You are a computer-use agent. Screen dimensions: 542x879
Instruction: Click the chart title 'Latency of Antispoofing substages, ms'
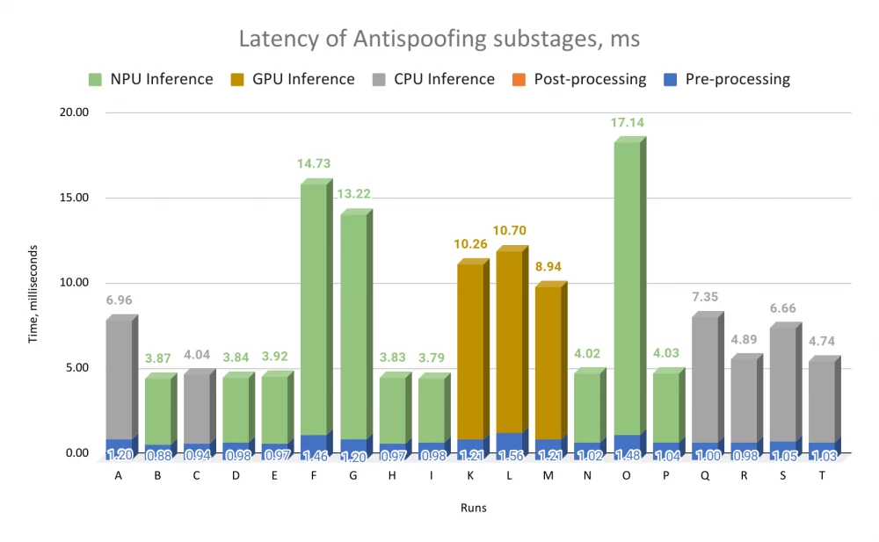pyautogui.click(x=439, y=40)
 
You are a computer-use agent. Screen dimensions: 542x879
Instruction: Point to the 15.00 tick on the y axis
pyautogui.click(x=71, y=198)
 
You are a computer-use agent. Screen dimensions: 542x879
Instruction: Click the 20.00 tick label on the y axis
pyautogui.click(x=71, y=112)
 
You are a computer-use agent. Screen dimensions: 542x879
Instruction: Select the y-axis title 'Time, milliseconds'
pyautogui.click(x=34, y=283)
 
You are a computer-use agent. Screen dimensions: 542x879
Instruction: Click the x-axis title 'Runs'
pyautogui.click(x=474, y=508)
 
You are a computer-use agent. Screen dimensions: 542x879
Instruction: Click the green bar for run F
pyautogui.click(x=314, y=307)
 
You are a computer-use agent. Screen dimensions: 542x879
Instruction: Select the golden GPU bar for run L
pyautogui.click(x=509, y=343)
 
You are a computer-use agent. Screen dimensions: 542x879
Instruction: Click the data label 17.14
pyautogui.click(x=628, y=123)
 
